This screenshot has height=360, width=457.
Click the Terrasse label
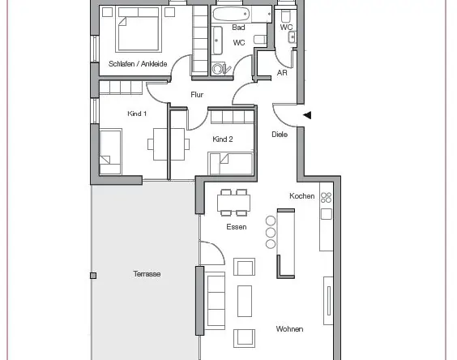[147, 273]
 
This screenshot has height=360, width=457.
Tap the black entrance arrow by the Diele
[307, 115]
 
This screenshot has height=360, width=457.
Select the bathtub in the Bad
[231, 14]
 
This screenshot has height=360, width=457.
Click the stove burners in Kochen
[326, 197]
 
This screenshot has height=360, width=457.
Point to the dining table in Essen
[233, 203]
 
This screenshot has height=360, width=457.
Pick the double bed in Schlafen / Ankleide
[139, 29]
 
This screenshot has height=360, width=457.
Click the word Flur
[197, 95]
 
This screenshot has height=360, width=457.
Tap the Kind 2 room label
[223, 139]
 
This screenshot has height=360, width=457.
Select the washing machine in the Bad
[218, 69]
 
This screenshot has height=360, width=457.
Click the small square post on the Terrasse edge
[93, 276]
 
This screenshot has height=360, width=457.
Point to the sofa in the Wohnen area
[215, 301]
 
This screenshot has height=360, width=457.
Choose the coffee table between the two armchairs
[245, 301]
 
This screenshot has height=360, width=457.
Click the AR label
[282, 73]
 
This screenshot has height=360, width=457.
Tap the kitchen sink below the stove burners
[326, 214]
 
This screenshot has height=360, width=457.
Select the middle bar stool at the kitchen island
[271, 232]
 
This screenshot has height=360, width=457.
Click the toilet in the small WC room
[285, 16]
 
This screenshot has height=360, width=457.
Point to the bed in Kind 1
[110, 152]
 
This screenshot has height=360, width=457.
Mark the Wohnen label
[289, 329]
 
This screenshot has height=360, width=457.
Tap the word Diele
[280, 135]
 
